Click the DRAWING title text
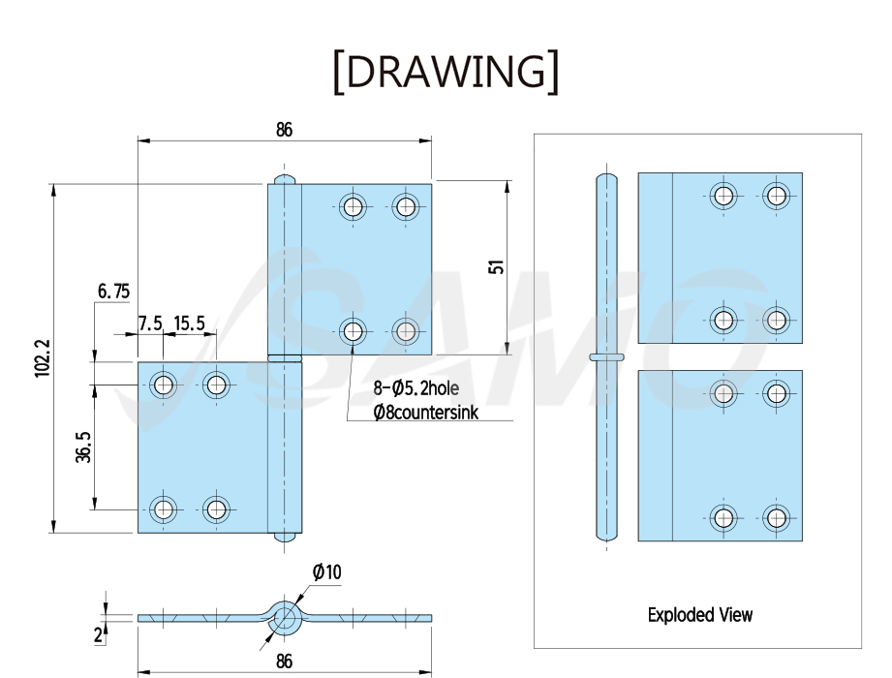446,72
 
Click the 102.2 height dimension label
43,358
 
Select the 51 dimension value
496,266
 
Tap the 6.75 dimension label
113,292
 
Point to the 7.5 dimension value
150,324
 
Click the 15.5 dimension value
190,324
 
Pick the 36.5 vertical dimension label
83,447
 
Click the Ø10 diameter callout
327,571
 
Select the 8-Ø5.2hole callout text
415,388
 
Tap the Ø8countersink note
425,412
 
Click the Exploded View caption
699,614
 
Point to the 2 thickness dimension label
99,634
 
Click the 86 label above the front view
284,130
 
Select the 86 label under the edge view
284,661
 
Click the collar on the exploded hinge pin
606,357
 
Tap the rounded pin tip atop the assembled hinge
285,178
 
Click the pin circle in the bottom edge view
285,618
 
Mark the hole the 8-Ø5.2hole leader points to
353,330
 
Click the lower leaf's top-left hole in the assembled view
164,385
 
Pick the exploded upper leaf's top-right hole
776,196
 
